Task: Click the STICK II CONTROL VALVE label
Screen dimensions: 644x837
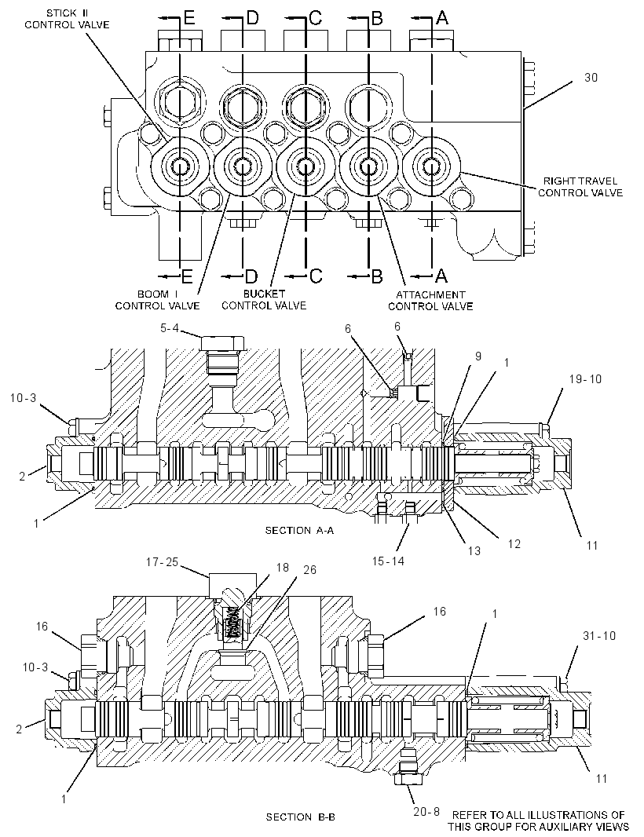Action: [x=67, y=19]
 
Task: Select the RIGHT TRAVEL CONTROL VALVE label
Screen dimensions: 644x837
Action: [x=580, y=187]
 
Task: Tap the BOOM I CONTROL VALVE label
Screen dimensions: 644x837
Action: [x=158, y=300]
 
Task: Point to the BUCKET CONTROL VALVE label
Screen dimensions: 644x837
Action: [x=264, y=299]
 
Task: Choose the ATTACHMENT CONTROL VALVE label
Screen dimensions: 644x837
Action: [x=430, y=301]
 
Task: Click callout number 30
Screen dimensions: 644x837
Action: [x=591, y=78]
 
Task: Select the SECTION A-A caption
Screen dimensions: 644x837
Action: [x=299, y=530]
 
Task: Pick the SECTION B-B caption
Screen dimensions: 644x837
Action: [x=301, y=817]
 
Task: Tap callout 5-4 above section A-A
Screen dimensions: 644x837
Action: [x=170, y=328]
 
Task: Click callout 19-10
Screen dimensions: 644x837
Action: [x=585, y=379]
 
